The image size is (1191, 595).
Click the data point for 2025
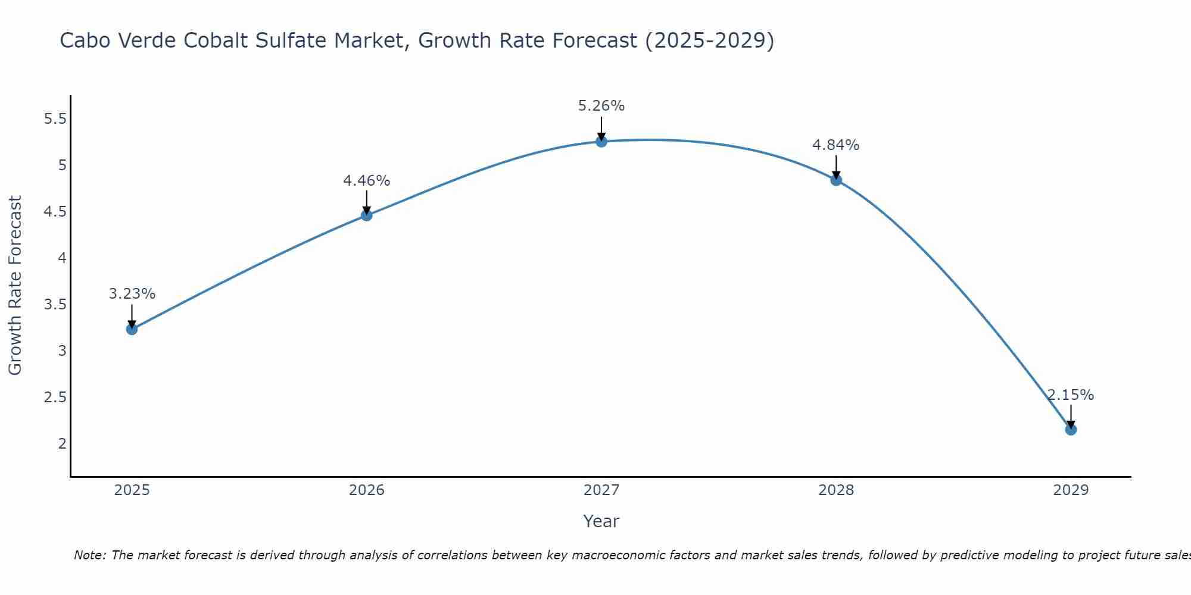(x=132, y=329)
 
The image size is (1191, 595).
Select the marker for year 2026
(x=367, y=215)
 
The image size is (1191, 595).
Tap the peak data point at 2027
(x=601, y=142)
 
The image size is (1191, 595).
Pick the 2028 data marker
(x=836, y=180)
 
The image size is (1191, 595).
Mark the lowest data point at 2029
(x=1071, y=430)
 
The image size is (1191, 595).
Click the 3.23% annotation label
(x=132, y=294)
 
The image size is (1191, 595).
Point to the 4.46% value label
(x=367, y=181)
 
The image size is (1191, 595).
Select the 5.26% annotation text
(x=601, y=107)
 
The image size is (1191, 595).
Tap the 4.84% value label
(x=836, y=145)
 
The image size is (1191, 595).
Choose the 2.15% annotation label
(x=1071, y=395)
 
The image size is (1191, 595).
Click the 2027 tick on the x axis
(x=601, y=490)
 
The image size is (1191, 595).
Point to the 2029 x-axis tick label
(x=1071, y=490)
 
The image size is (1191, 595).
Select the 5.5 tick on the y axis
(x=55, y=119)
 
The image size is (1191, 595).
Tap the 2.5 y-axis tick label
(x=55, y=397)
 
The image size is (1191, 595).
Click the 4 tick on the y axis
(x=62, y=258)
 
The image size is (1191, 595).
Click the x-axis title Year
(x=601, y=521)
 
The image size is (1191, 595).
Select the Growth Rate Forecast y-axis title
(x=15, y=286)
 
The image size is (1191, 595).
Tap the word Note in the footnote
(x=89, y=555)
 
